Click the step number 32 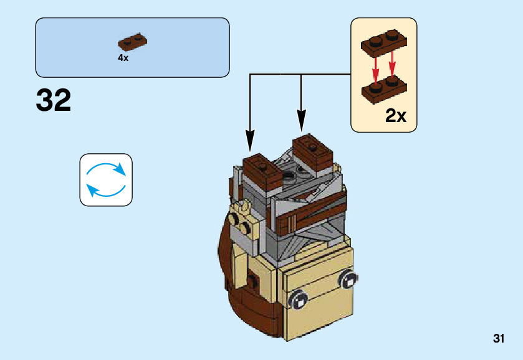coord(54,100)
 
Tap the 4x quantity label coord(123,58)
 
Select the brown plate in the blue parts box coord(132,42)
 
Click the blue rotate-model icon coord(106,180)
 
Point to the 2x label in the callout coord(396,115)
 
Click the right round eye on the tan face coord(346,280)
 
